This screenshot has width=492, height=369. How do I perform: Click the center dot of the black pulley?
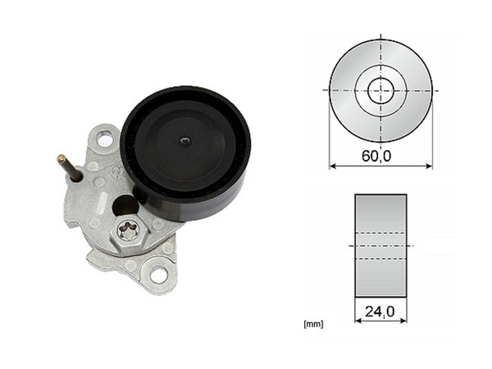click(x=186, y=141)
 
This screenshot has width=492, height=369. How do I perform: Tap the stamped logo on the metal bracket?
click(x=117, y=173)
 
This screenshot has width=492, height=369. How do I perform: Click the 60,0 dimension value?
click(x=380, y=153)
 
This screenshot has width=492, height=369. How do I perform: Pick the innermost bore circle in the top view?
click(x=380, y=90)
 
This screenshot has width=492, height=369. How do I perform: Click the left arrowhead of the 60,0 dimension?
click(x=332, y=166)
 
